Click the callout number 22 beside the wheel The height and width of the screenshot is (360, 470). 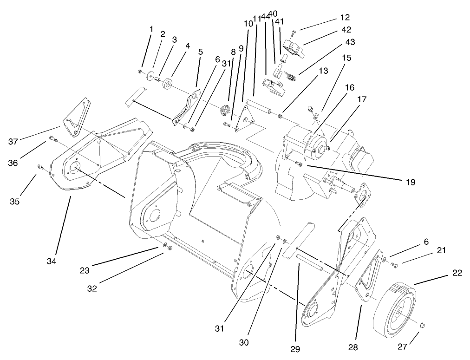[x=457, y=273]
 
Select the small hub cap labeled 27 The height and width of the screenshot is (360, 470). [x=423, y=326]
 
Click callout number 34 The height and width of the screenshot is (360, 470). [x=51, y=261]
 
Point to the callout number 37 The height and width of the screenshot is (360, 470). [x=13, y=141]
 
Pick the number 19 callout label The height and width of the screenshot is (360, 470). [x=409, y=182]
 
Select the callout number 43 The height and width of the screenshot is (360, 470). [x=350, y=42]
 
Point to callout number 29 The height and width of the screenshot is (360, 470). [x=296, y=348]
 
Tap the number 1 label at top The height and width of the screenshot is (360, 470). [x=151, y=29]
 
